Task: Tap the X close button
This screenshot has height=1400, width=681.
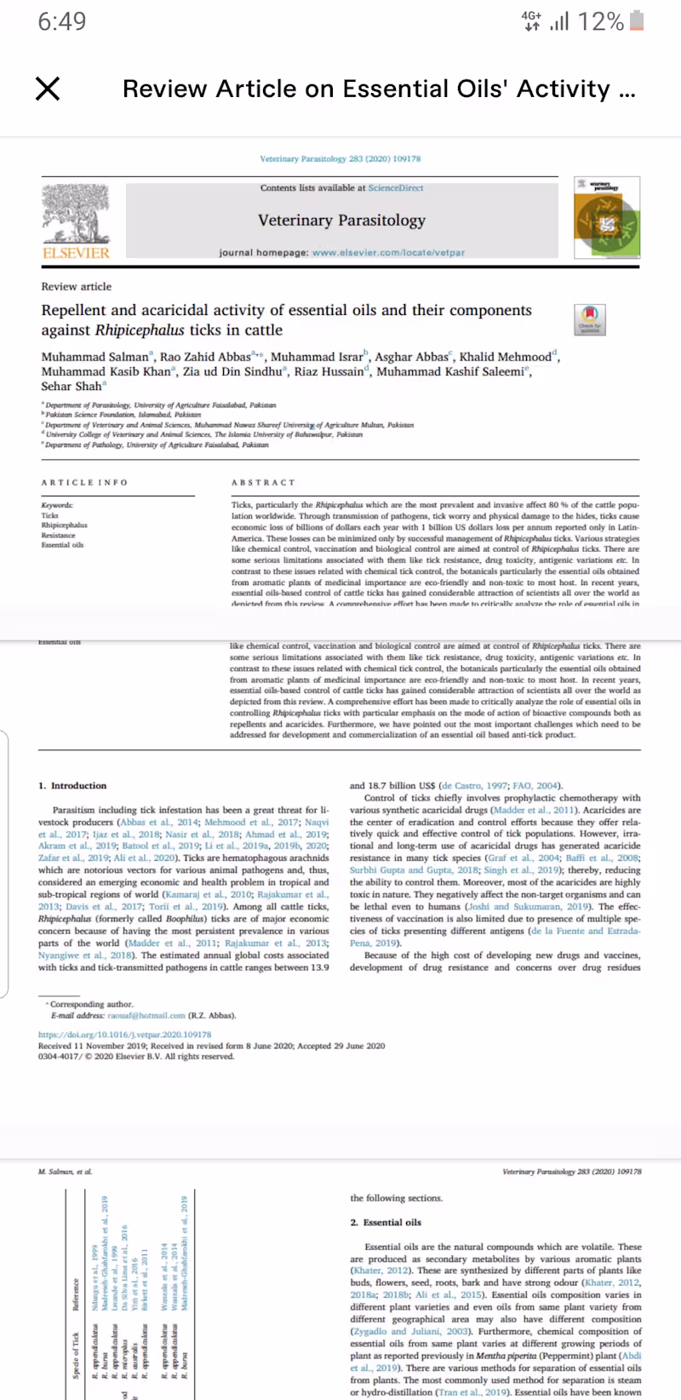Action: [x=48, y=89]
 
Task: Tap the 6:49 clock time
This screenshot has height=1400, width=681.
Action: [x=62, y=21]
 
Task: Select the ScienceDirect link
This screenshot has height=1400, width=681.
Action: [x=395, y=188]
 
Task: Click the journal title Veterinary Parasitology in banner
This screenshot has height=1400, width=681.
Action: [x=341, y=220]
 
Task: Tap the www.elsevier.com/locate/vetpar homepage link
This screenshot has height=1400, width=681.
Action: [x=388, y=253]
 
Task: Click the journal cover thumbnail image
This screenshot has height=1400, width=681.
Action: [x=607, y=218]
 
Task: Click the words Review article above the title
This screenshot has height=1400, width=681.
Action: [x=77, y=286]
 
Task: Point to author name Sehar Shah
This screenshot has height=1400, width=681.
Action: [x=72, y=386]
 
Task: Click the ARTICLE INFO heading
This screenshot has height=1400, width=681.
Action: [x=84, y=483]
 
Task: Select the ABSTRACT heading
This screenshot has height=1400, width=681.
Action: [x=263, y=483]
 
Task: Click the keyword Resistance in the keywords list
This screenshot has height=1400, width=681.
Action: [x=58, y=535]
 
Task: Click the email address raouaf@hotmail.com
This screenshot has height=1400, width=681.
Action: [x=146, y=1015]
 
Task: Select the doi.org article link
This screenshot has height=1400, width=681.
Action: [x=124, y=1035]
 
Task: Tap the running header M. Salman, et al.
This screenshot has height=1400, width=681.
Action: [x=65, y=1172]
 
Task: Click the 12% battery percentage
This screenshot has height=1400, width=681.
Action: [x=600, y=21]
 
